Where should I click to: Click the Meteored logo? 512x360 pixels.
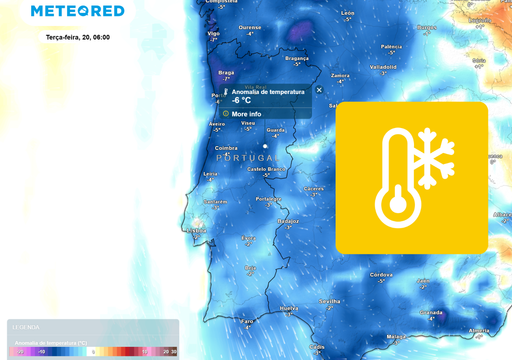pos(78,11)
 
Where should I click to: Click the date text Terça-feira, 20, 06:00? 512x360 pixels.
pos(78,36)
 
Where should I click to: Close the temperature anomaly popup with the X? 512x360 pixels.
pos(319,90)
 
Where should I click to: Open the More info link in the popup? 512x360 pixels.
pos(246,114)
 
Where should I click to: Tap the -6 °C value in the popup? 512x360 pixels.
pos(242,100)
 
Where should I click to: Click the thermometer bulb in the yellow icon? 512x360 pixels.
pos(397,205)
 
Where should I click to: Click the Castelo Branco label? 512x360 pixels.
pos(266,170)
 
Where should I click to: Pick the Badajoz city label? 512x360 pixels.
pos(288,220)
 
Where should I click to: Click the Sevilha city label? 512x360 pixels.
pos(330,300)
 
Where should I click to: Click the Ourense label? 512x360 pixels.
pos(251,28)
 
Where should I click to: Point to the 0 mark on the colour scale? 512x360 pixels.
pos(93,352)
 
